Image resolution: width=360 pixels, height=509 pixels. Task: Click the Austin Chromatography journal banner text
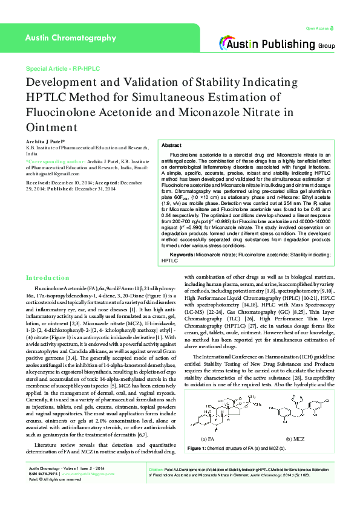pos(70,38)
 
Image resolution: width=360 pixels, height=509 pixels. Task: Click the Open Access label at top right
pos(319,28)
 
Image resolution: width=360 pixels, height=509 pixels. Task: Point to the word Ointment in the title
pos(51,127)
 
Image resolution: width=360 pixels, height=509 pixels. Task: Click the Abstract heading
pos(172,146)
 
